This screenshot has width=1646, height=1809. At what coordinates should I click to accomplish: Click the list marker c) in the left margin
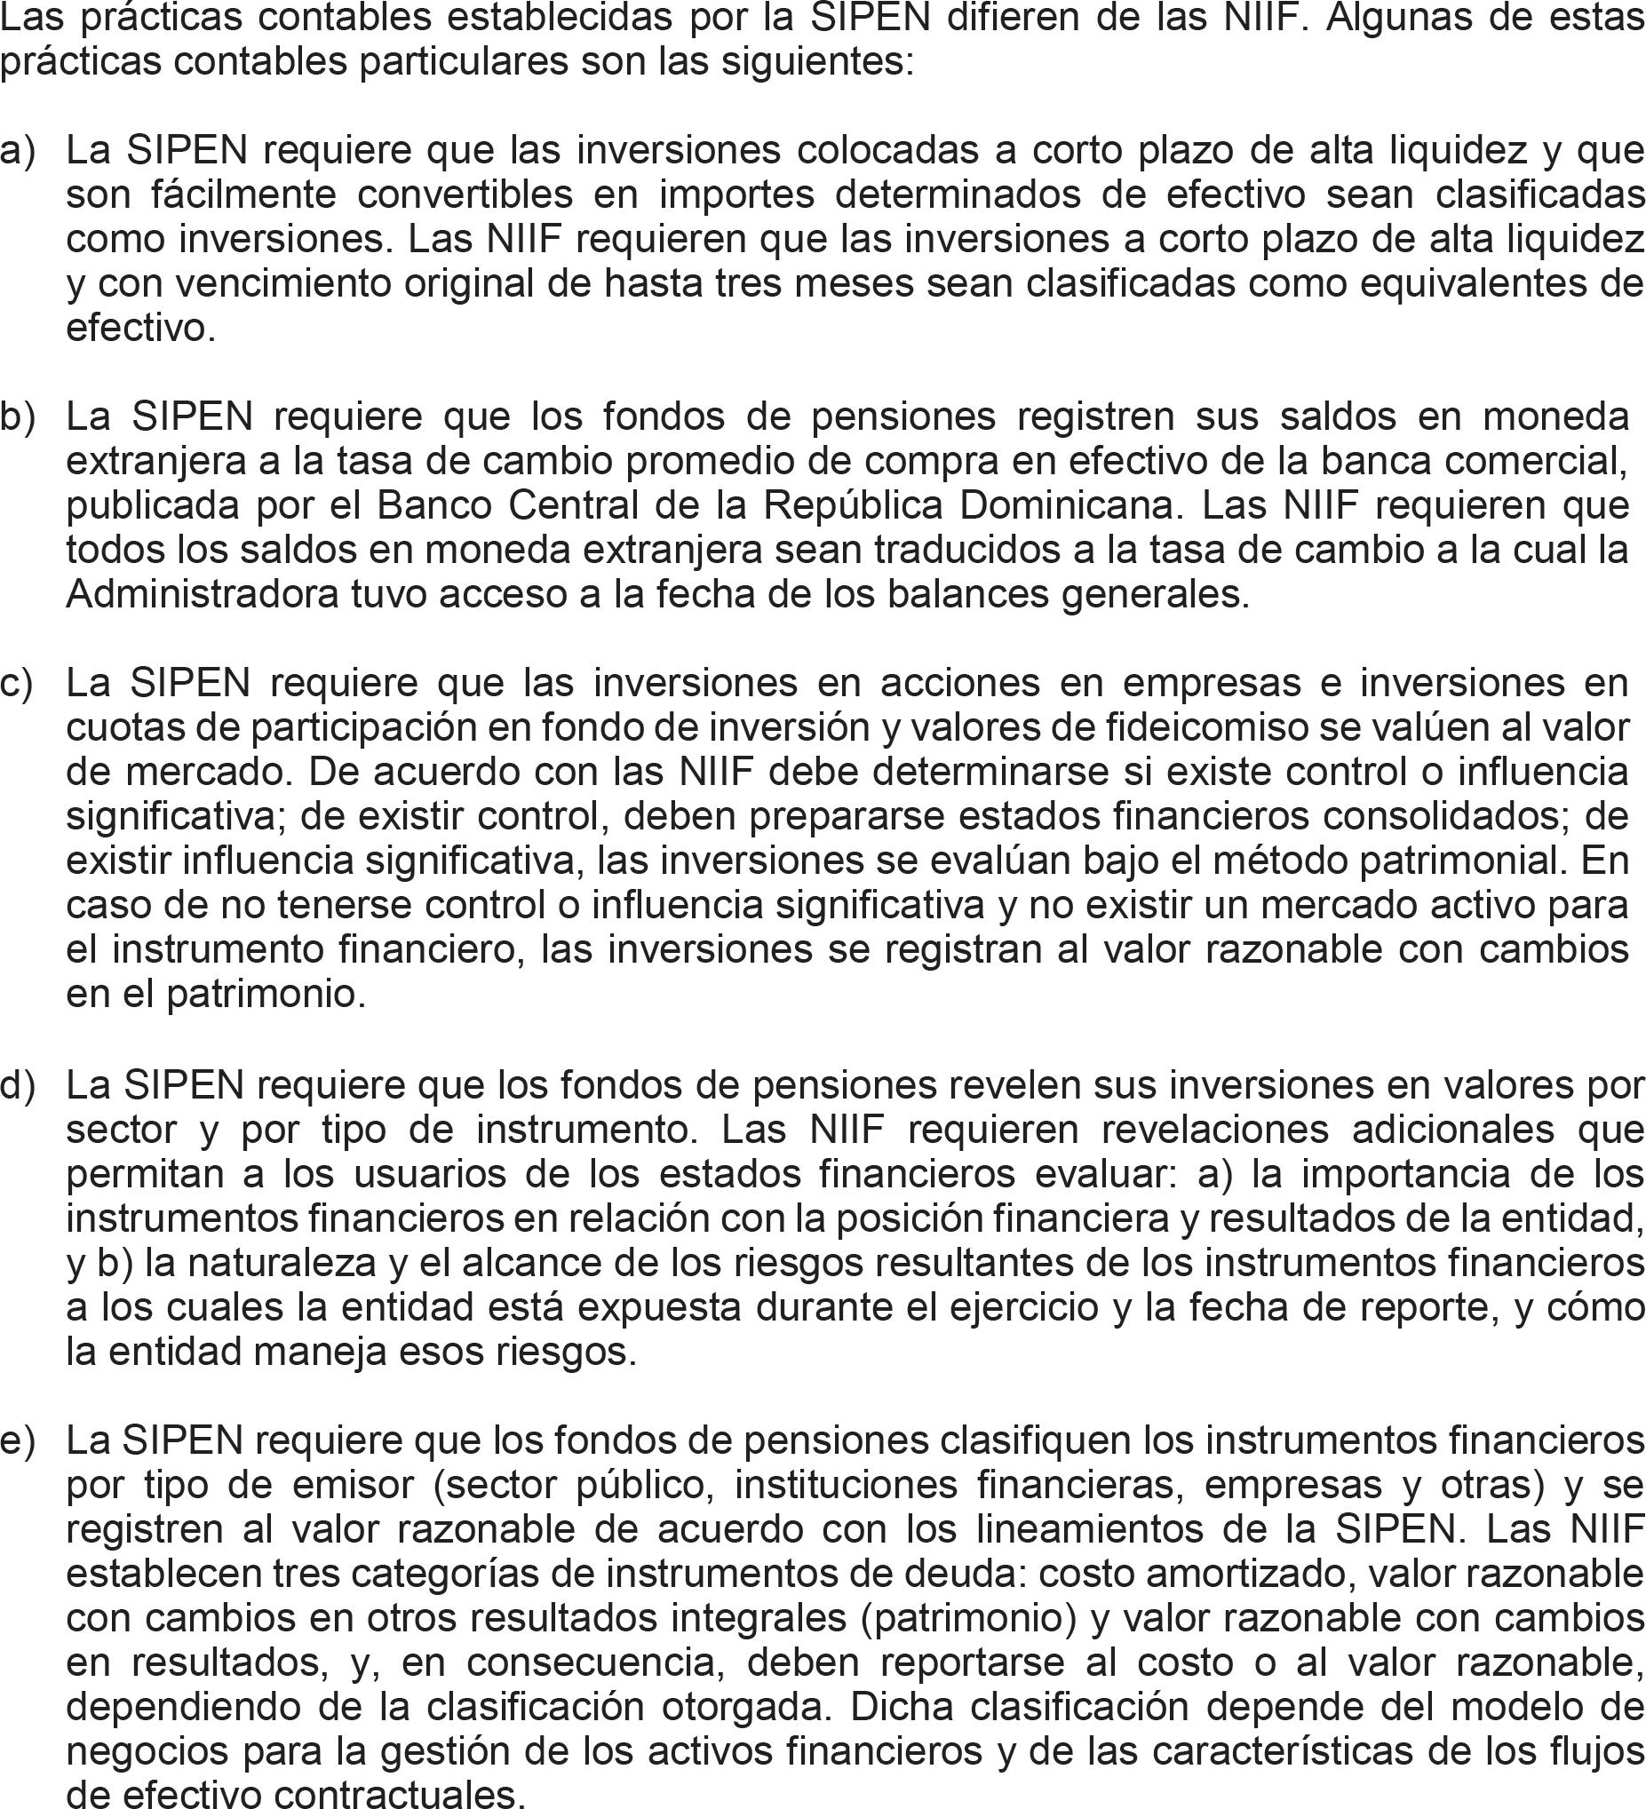[16, 684]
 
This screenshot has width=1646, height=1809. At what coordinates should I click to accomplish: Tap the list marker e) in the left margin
[16, 1441]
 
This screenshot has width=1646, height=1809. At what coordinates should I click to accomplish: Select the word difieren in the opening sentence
[1015, 18]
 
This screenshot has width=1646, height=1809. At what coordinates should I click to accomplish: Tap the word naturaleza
[260, 1264]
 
